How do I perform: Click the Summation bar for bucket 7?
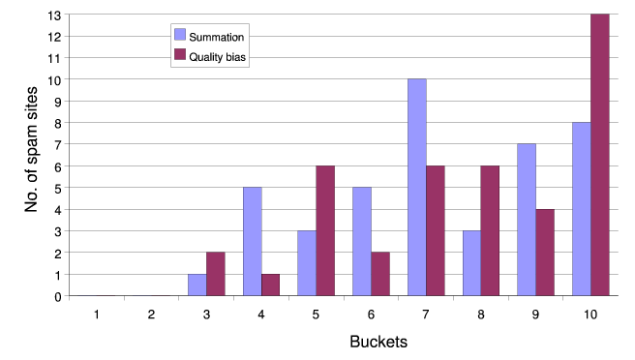point(416,187)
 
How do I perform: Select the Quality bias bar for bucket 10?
point(599,155)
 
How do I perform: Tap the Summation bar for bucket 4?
point(251,241)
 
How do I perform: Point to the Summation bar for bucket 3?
point(197,285)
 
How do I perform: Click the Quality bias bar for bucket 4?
point(270,285)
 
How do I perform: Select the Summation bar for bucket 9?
point(526,220)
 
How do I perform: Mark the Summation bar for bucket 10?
point(581,209)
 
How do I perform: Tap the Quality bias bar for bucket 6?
point(379,274)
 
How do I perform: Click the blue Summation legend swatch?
point(179,36)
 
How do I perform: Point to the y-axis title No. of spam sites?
point(29,155)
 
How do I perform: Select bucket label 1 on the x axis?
point(96,314)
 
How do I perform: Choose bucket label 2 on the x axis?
point(151,314)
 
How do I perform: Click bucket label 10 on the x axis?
point(590,314)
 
